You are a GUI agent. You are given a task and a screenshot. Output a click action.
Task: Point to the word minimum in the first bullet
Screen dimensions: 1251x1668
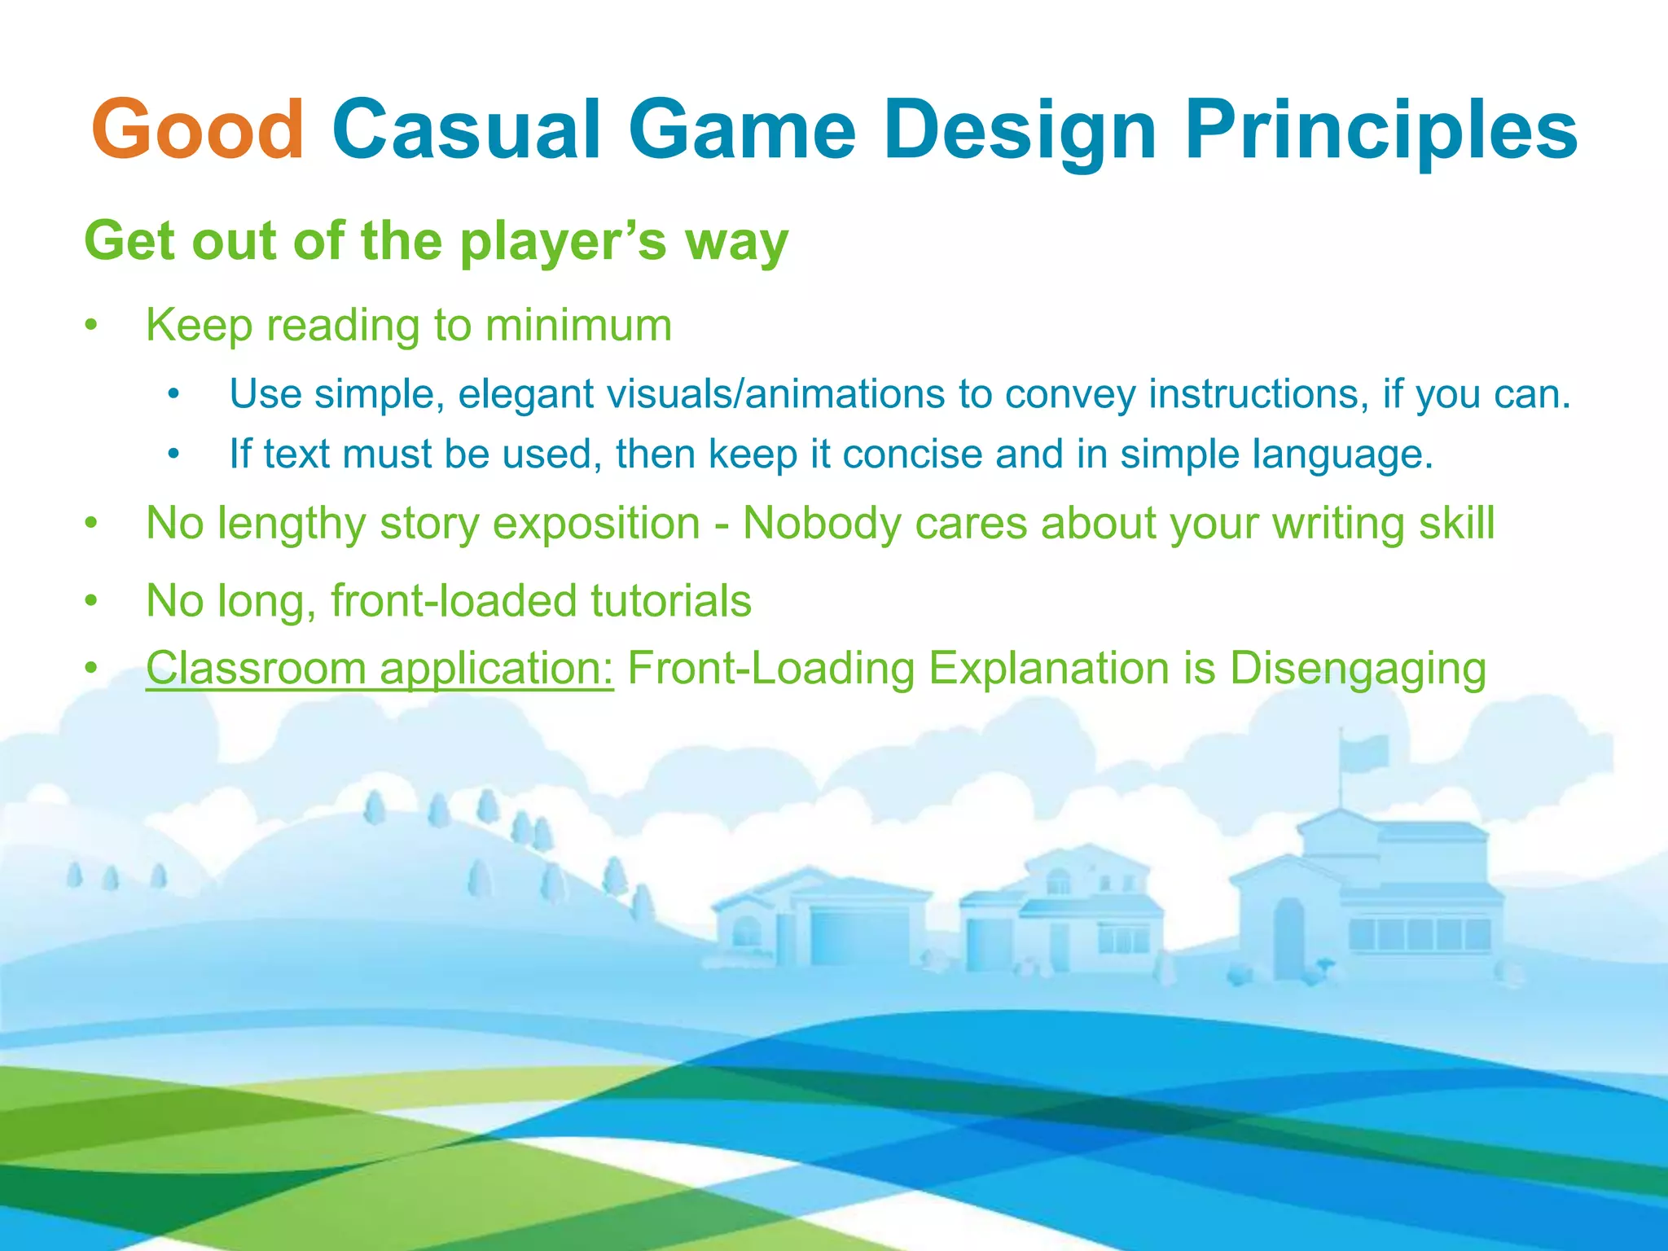578,325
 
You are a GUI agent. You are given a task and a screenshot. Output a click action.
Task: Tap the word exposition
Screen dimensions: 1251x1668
596,523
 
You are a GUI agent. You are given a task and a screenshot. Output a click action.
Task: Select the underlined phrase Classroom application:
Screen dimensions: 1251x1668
380,669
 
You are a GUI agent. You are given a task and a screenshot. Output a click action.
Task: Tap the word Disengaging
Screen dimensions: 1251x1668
1358,669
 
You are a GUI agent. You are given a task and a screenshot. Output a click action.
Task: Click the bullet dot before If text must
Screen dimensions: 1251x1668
173,454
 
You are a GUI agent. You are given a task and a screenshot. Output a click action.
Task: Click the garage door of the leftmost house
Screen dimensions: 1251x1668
859,937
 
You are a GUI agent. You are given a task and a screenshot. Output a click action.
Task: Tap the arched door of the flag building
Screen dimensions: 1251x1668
1289,937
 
